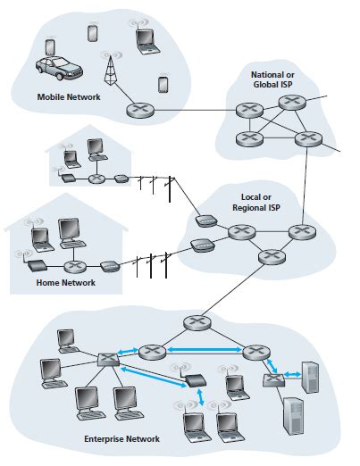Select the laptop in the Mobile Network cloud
point(146,37)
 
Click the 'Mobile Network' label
point(69,96)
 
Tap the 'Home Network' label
point(64,284)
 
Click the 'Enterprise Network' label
point(121,439)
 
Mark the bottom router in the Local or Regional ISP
point(266,258)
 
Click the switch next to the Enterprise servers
point(272,382)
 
